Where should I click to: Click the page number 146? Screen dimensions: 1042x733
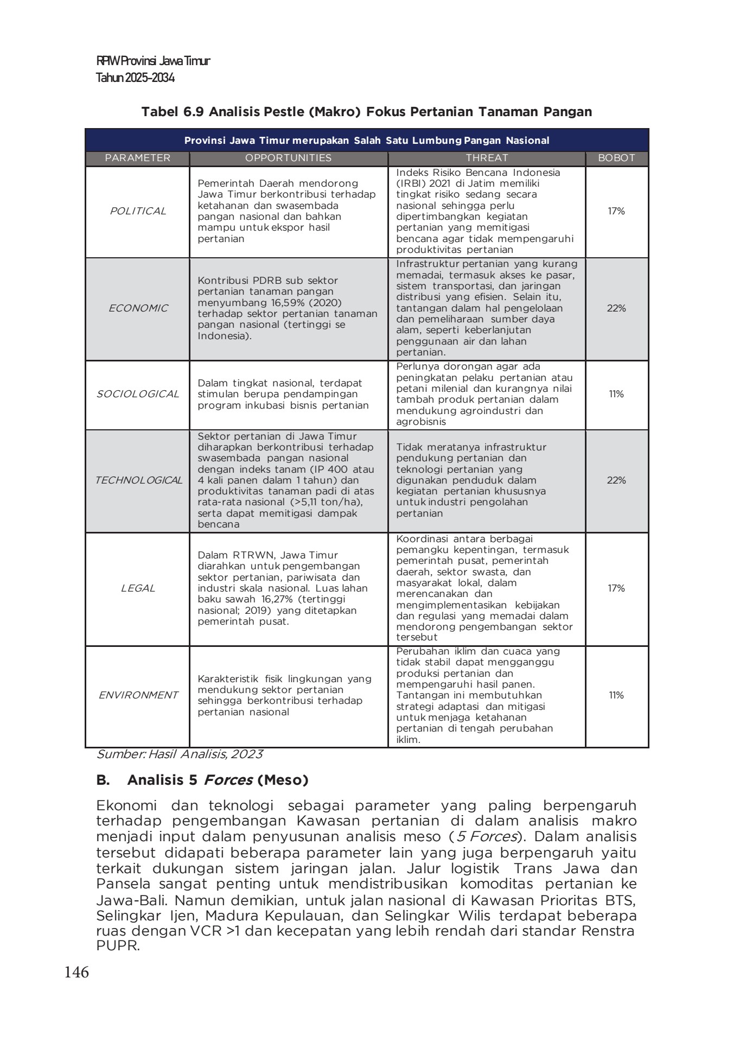[x=76, y=972]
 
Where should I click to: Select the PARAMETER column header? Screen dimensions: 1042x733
[x=137, y=158]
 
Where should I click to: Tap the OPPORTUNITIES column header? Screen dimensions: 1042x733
[x=288, y=158]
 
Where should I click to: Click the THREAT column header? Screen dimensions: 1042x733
[x=487, y=158]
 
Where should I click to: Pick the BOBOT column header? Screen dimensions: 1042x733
[x=616, y=158]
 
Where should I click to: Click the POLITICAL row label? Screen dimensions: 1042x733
[x=138, y=211]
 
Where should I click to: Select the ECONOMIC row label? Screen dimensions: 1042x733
[x=138, y=308]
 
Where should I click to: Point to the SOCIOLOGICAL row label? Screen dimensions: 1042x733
[x=138, y=394]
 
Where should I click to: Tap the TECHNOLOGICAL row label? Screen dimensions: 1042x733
[x=138, y=480]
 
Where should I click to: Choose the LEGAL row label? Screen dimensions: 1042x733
[x=138, y=588]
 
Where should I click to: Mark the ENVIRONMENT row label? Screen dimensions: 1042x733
[x=138, y=695]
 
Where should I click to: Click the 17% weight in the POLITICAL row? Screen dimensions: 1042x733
[x=616, y=211]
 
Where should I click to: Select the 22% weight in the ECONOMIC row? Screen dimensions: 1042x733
[x=616, y=308]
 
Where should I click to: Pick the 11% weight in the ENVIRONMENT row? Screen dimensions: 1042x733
[x=616, y=695]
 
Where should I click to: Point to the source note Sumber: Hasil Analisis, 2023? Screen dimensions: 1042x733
[x=180, y=754]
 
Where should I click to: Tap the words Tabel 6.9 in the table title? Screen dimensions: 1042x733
[x=173, y=112]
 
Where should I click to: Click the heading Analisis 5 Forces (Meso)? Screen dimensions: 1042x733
[x=217, y=780]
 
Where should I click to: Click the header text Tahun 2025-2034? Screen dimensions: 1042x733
[x=135, y=78]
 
